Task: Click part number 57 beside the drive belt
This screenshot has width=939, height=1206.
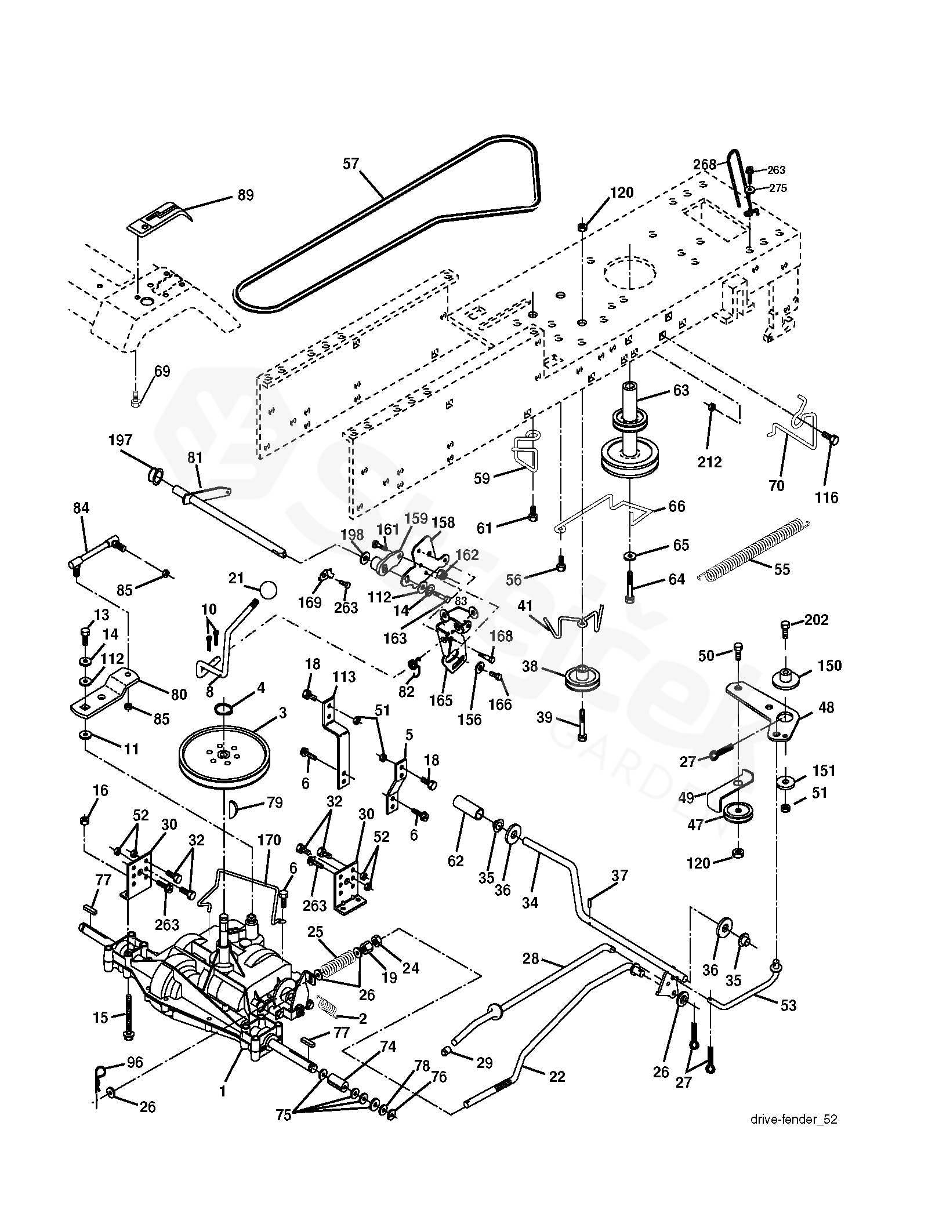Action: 351,164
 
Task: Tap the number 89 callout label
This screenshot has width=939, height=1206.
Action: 246,195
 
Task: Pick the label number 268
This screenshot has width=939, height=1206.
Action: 705,165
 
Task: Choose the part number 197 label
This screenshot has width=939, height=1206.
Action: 120,441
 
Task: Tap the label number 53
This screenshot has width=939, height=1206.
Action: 788,1005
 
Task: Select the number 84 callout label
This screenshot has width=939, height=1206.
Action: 81,508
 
